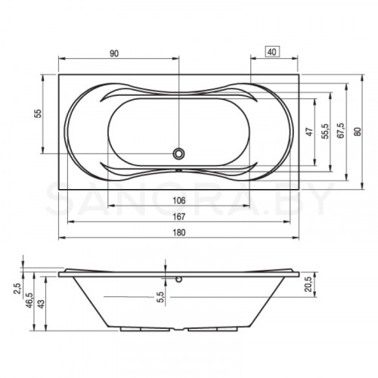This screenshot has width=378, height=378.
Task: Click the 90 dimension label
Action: pos(114,54)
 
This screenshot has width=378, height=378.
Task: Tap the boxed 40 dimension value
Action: pos(272,52)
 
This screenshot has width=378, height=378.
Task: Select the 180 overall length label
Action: pos(179,232)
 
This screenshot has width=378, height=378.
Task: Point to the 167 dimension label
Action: pos(179,216)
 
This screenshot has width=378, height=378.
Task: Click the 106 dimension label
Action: pos(179,200)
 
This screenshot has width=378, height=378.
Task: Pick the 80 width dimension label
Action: pos(358,132)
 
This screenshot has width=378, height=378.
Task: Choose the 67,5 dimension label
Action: pos(341,131)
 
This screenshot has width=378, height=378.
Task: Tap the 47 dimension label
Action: pos(309,132)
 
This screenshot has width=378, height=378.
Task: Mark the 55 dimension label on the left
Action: pos(37,113)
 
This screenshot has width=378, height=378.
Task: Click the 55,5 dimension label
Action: pos(325,131)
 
